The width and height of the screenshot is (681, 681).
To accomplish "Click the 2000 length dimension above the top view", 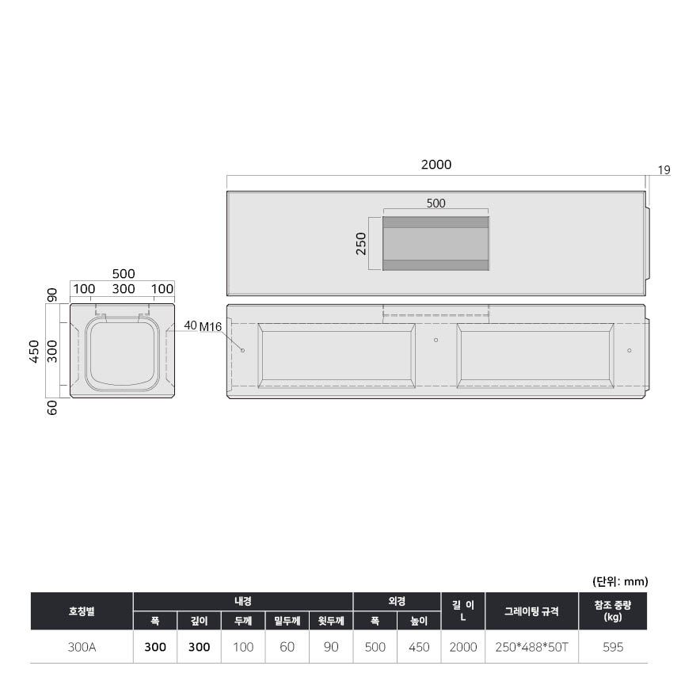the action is (x=436, y=165).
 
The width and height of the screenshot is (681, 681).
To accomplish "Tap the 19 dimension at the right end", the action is (x=664, y=170).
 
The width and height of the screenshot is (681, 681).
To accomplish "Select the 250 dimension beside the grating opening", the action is (x=361, y=244).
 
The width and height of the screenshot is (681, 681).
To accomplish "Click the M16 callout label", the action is (x=210, y=326).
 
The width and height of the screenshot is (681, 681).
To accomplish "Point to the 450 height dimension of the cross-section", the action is (x=34, y=351).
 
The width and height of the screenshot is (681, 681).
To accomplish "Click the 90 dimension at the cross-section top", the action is (x=52, y=295).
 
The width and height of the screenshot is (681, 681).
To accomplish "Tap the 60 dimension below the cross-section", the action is (x=52, y=408).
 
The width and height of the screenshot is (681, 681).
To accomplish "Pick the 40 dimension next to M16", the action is (x=190, y=325).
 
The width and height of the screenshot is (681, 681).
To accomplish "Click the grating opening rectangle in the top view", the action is (x=436, y=244).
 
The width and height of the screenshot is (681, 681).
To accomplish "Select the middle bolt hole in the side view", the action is (x=436, y=340).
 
